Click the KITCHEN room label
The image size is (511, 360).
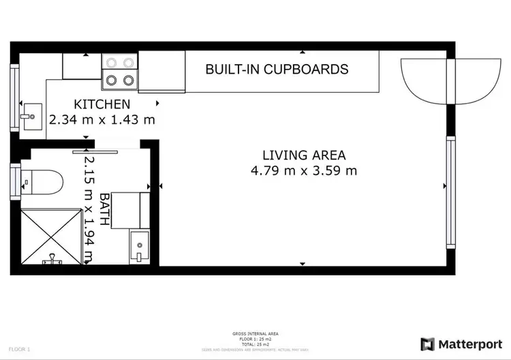[x=102, y=104]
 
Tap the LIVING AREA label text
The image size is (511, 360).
[x=304, y=155]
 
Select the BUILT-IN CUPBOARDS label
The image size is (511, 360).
[x=277, y=69]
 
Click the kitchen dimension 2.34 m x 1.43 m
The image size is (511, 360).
[x=102, y=119]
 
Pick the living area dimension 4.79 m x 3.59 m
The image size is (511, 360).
[x=304, y=170]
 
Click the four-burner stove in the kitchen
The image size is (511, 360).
[x=119, y=72]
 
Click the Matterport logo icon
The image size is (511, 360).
[x=427, y=344]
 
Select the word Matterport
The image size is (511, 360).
[x=467, y=344]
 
